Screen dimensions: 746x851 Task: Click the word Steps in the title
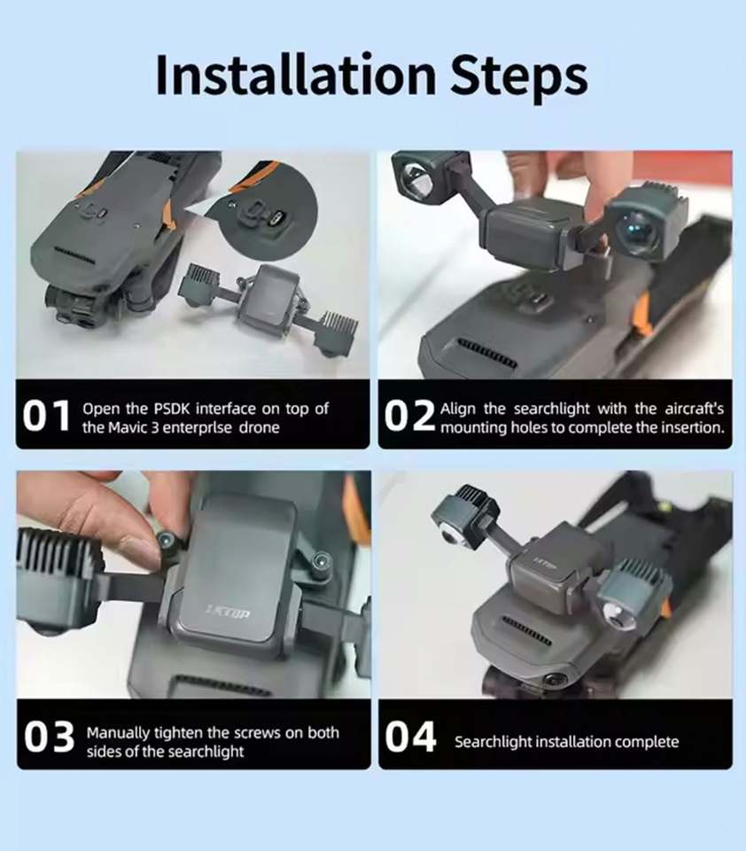(519, 76)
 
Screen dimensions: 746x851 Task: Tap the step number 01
(47, 417)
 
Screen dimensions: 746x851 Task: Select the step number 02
(409, 417)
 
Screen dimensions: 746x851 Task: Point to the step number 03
(49, 737)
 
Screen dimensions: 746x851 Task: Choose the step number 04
(410, 737)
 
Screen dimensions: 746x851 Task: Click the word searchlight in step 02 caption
(551, 408)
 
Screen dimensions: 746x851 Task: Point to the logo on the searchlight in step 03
(228, 613)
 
